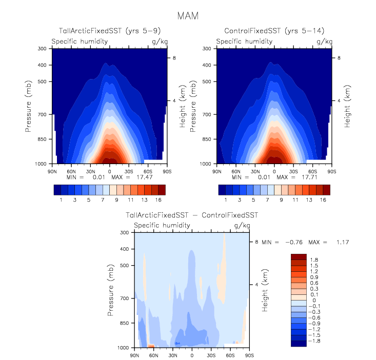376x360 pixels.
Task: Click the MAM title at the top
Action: coord(187,16)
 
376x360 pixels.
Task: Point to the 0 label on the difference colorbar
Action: coord(311,300)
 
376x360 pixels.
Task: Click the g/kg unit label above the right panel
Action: coord(325,41)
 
